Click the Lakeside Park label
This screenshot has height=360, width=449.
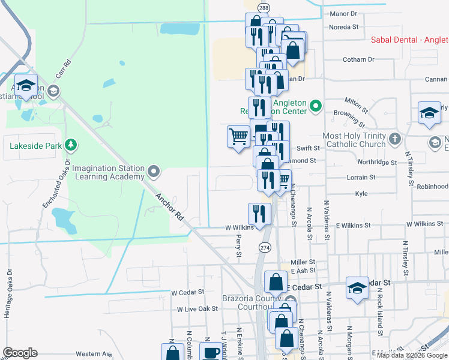(x=36, y=145)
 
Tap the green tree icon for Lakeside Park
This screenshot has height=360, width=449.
(x=71, y=145)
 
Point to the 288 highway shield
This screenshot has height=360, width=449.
(x=264, y=7)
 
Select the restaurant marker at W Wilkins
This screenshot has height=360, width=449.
(x=259, y=214)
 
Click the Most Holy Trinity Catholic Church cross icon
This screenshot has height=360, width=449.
(x=394, y=139)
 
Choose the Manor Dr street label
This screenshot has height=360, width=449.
(x=343, y=13)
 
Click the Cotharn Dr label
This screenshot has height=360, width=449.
(x=358, y=60)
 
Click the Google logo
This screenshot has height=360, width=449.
(x=20, y=353)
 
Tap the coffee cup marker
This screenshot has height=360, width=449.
(x=211, y=353)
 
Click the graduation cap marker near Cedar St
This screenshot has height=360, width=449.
(x=357, y=287)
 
